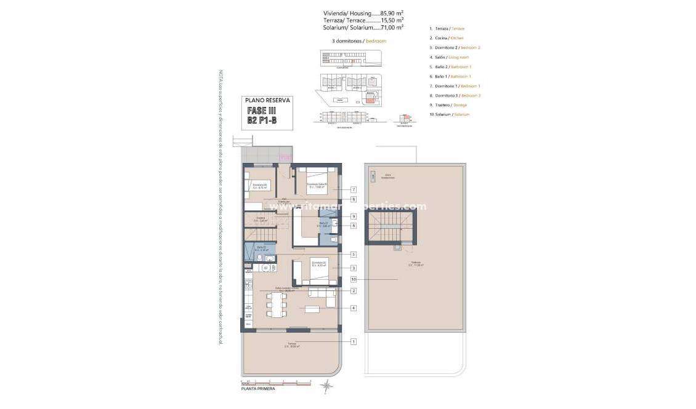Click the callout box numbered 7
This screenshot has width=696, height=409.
point(354,190)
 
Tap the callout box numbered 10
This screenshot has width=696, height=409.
point(354,279)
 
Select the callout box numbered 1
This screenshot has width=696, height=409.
point(354,341)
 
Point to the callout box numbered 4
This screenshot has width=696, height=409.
point(354,308)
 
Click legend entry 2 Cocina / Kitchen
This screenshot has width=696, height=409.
point(447,38)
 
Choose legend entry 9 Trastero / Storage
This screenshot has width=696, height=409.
point(448,105)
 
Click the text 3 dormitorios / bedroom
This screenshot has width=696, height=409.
point(358,41)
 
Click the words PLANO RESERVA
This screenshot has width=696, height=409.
point(267,100)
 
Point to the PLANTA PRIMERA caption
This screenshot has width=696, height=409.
point(258,389)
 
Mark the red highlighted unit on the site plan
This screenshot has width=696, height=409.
point(370,100)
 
